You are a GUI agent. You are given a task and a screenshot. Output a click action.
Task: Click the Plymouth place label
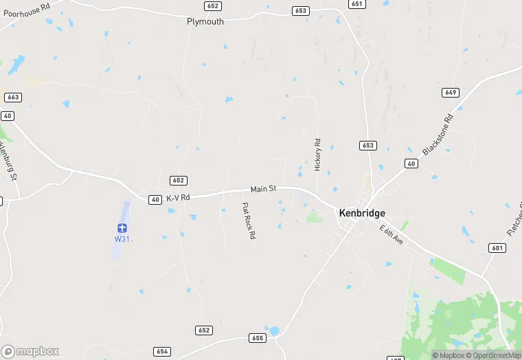pos(205,21)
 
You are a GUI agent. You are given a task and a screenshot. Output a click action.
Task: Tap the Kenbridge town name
pos(362,213)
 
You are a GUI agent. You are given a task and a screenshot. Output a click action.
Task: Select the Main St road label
pos(262,189)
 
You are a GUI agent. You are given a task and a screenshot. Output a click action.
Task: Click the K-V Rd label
pos(177,197)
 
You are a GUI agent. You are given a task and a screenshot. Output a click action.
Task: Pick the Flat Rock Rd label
pos(248,221)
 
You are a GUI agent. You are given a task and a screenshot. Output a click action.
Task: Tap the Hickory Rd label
pos(317,155)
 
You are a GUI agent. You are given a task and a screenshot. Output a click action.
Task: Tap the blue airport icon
pos(122,227)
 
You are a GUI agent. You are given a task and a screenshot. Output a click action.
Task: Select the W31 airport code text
pos(122,239)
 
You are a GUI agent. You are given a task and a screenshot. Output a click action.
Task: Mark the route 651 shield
pos(356,4)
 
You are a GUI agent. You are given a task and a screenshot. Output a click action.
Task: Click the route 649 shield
pos(451,92)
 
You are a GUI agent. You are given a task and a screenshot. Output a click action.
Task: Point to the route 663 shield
pos(12,98)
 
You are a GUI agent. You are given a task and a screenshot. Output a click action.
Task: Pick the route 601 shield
pos(497,248)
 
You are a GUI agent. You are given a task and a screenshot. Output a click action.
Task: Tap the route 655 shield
pos(258,338)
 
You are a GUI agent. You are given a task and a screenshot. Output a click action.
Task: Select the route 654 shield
pos(162,351)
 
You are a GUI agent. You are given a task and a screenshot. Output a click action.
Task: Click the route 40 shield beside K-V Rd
pos(155,199)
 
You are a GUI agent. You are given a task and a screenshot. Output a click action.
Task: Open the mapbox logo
pos(31,351)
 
